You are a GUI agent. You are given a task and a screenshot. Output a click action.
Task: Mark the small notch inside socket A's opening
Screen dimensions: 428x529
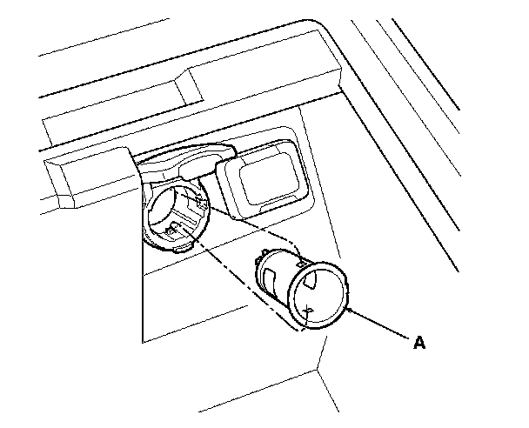point(310,308)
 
